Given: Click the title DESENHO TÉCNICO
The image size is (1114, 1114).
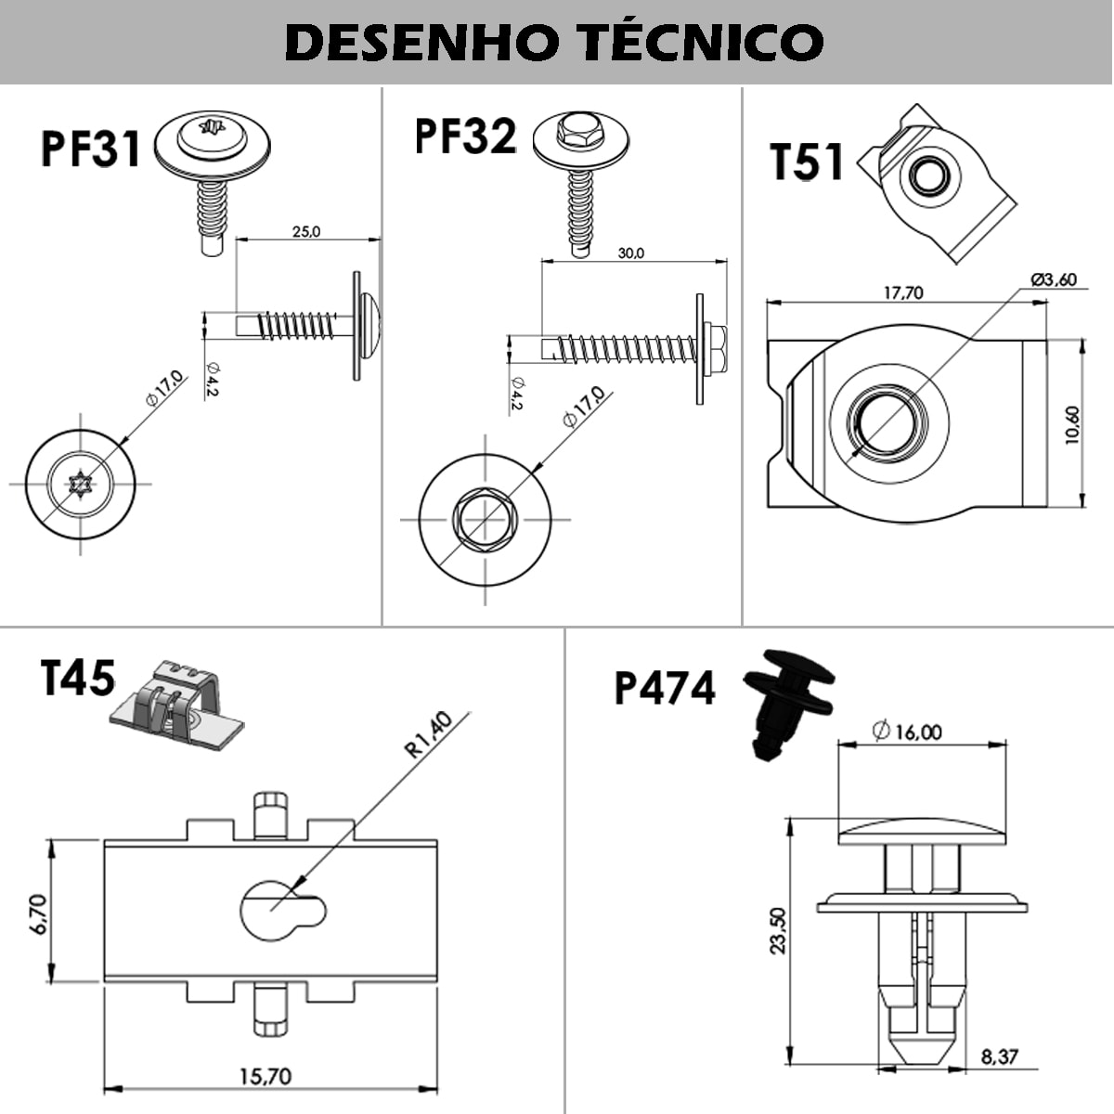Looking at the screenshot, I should pyautogui.click(x=554, y=42).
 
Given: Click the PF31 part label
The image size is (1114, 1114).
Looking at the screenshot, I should pyautogui.click(x=90, y=149).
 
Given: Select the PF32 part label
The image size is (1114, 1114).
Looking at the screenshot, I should pyautogui.click(x=464, y=136).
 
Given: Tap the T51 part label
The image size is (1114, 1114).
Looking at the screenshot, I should pyautogui.click(x=807, y=162).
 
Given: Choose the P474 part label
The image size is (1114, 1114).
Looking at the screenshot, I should pyautogui.click(x=665, y=688).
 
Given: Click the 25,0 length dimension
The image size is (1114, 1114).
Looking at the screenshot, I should pyautogui.click(x=306, y=231).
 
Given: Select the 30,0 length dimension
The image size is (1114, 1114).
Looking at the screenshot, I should pyautogui.click(x=630, y=253).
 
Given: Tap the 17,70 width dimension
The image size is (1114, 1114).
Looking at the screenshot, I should pyautogui.click(x=902, y=292).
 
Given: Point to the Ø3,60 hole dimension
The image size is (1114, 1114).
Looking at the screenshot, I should pyautogui.click(x=1054, y=279).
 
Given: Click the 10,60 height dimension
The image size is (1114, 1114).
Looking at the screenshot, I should pyautogui.click(x=1072, y=425).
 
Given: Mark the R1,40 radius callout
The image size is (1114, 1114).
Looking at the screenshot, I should pyautogui.click(x=428, y=734).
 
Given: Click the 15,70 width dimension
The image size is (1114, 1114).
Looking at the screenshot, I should pyautogui.click(x=266, y=1077).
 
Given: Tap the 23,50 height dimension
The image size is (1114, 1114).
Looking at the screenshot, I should pyautogui.click(x=778, y=930).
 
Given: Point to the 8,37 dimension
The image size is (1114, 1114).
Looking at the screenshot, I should pyautogui.click(x=999, y=1056).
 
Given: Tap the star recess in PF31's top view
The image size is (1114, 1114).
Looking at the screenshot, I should pyautogui.click(x=80, y=484).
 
